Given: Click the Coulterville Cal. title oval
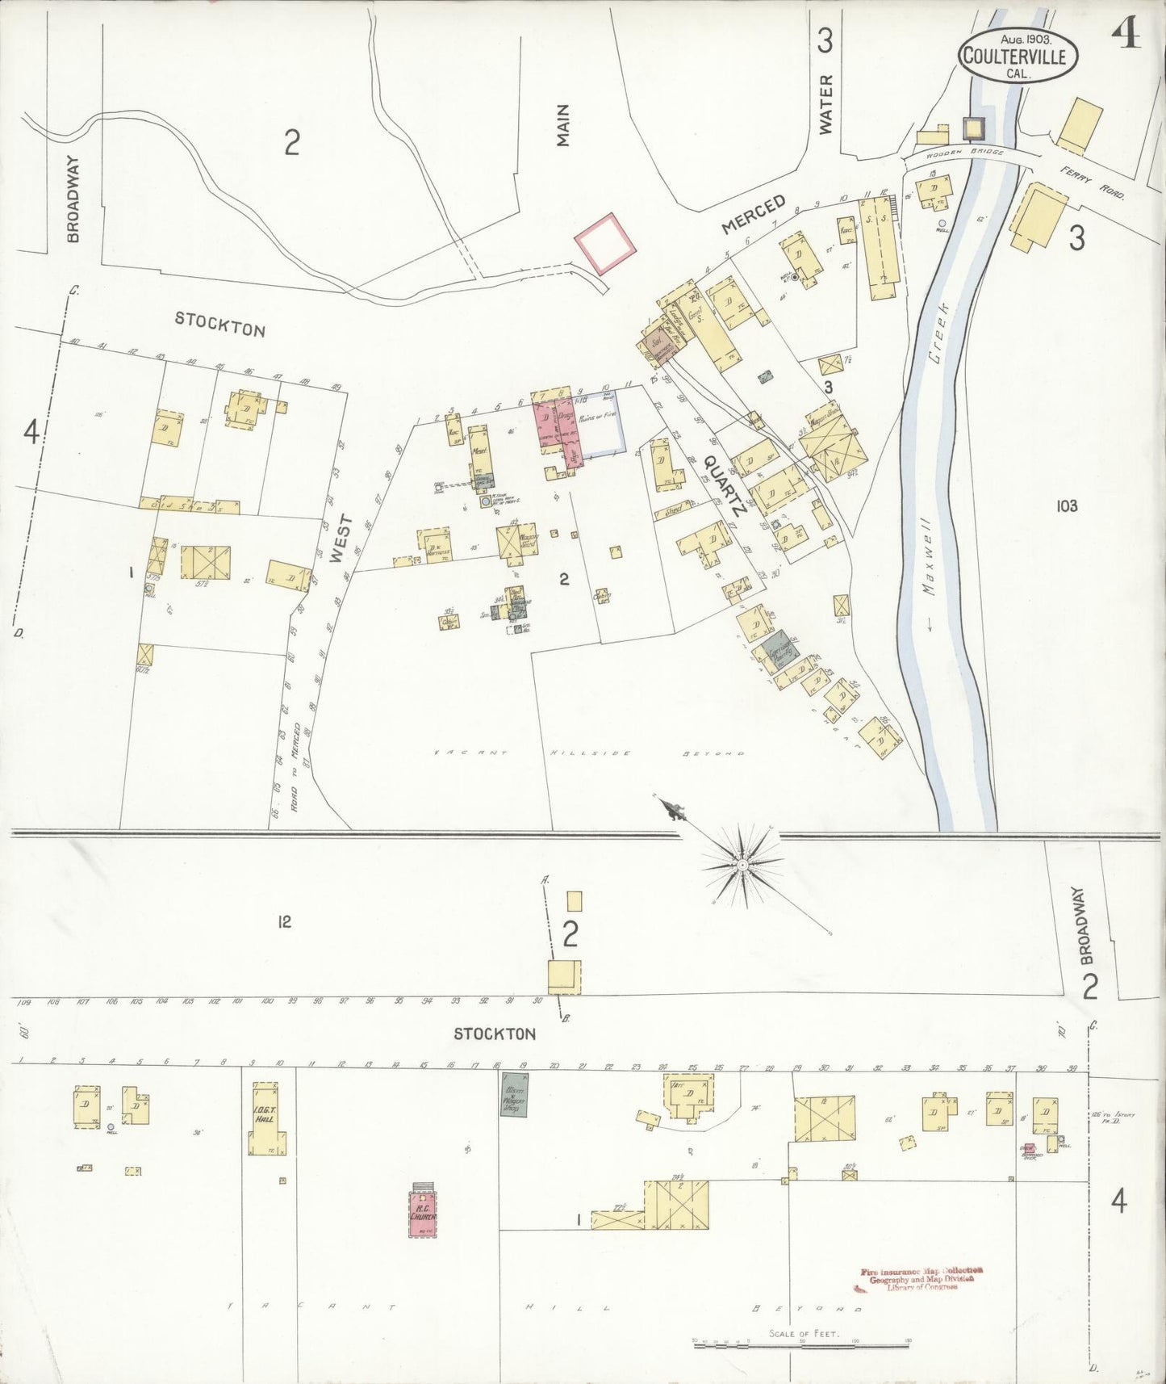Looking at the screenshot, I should point(1014,56).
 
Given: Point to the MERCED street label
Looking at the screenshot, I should point(753,214).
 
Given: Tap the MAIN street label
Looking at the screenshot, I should point(562,125).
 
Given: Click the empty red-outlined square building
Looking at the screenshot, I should point(605,243).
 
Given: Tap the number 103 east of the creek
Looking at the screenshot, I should point(1065,506).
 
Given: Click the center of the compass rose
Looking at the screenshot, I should point(740,865).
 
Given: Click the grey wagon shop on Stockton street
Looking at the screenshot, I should point(512,1095).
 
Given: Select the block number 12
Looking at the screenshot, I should point(283,921).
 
